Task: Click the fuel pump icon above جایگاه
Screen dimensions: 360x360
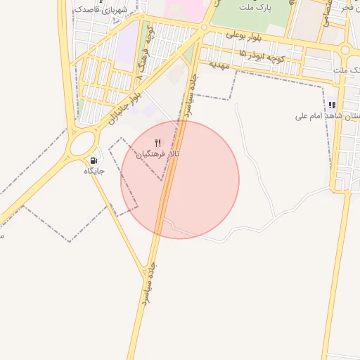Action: coord(94,160)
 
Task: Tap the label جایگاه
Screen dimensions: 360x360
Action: coord(94,171)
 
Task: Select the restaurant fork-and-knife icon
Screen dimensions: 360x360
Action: coord(158,143)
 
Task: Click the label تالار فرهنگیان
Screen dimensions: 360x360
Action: coord(158,153)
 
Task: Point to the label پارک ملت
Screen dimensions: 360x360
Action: coord(253,7)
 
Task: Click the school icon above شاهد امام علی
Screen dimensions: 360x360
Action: coord(332,105)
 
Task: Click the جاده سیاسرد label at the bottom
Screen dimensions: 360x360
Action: coord(146,284)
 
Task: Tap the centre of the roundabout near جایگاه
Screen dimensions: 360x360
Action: coord(83,144)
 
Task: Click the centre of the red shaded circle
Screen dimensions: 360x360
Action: coord(180,180)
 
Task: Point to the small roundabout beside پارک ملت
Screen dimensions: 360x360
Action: coord(204,29)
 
